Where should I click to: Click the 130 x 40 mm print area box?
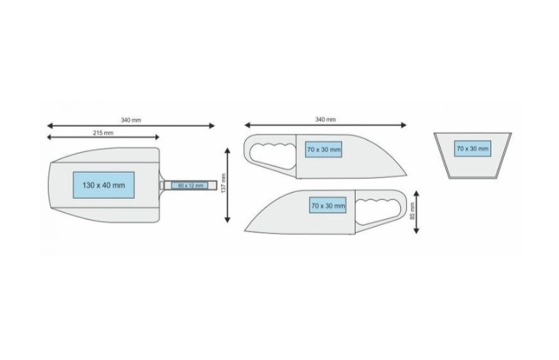[x=103, y=185]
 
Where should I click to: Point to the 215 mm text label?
[x=103, y=133]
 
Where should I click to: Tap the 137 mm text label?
[x=223, y=185]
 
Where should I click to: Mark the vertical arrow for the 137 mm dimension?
[x=228, y=185]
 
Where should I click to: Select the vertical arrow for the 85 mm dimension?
[x=417, y=212]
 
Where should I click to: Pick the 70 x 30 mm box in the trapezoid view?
[x=472, y=149]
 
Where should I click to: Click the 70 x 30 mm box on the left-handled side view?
[x=323, y=149]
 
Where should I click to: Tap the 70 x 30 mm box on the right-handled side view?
[x=327, y=206]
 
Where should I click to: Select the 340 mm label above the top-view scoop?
[x=131, y=120]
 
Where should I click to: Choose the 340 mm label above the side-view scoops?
[x=325, y=120]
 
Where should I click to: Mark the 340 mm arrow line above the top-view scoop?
[x=131, y=125]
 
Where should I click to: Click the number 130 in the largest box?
[x=90, y=185]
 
